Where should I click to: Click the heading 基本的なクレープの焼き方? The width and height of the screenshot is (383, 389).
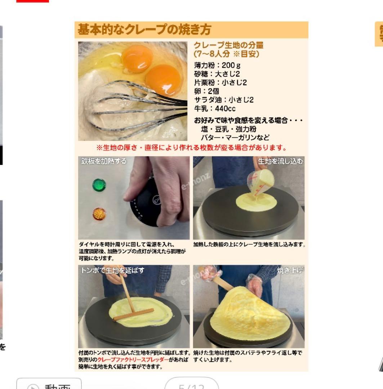click(144, 30)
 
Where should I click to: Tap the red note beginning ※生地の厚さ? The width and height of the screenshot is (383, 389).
click(191, 148)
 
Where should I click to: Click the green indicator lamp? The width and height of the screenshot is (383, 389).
click(99, 185)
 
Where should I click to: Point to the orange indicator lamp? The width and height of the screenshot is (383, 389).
click(99, 214)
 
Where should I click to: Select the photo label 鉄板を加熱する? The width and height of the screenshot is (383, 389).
click(104, 161)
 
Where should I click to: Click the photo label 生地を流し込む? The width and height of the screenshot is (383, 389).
click(280, 161)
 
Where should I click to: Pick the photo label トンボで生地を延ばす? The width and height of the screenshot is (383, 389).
click(112, 270)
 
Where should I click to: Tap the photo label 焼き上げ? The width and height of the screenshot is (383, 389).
click(289, 270)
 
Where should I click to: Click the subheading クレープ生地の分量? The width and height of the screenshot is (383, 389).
click(228, 45)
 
